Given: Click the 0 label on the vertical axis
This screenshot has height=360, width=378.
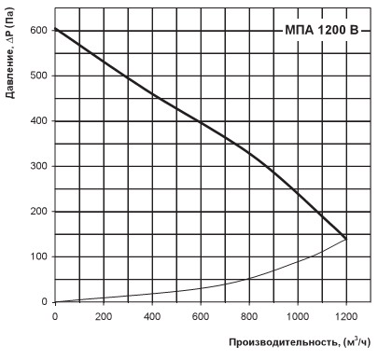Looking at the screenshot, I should (x=42, y=302).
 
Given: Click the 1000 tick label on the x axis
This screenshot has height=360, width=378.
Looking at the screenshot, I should (x=298, y=316).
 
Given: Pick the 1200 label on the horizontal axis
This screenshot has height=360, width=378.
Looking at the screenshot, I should (x=345, y=316).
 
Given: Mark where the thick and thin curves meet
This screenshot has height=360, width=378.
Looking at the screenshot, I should (x=345, y=239).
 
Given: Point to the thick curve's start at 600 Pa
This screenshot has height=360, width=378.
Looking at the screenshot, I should (x=55, y=29).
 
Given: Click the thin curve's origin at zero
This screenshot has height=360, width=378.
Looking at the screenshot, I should (x=55, y=301).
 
